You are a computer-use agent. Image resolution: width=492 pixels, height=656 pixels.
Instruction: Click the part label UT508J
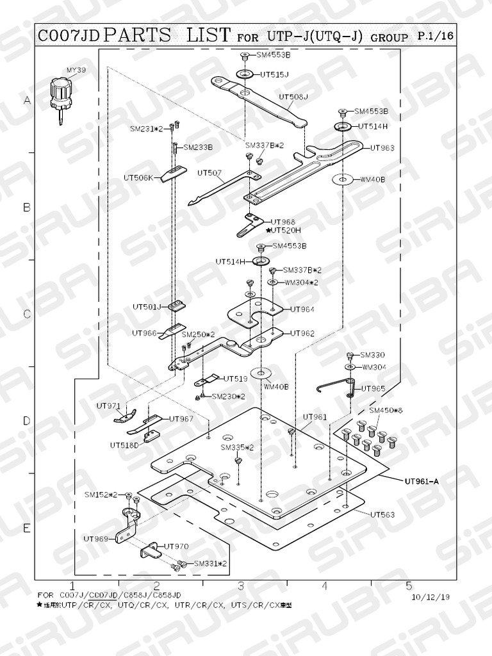tap(293, 97)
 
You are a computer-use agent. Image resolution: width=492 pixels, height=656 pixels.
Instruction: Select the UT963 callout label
tap(382, 148)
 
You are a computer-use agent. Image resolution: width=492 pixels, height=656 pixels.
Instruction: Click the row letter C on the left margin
tap(27, 315)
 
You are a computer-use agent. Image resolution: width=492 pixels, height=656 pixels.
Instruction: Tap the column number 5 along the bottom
tap(409, 586)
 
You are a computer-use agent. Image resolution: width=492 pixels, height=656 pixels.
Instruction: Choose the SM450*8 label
tap(384, 410)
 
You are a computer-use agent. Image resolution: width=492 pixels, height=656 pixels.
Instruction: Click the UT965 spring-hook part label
tap(373, 389)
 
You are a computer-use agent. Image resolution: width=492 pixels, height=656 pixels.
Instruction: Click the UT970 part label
tap(176, 546)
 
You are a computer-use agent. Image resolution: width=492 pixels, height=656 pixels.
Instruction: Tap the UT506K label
tap(138, 177)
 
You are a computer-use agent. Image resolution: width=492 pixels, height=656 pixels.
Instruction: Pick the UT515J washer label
tap(274, 74)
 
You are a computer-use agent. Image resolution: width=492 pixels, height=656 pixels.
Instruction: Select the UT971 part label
tap(108, 406)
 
